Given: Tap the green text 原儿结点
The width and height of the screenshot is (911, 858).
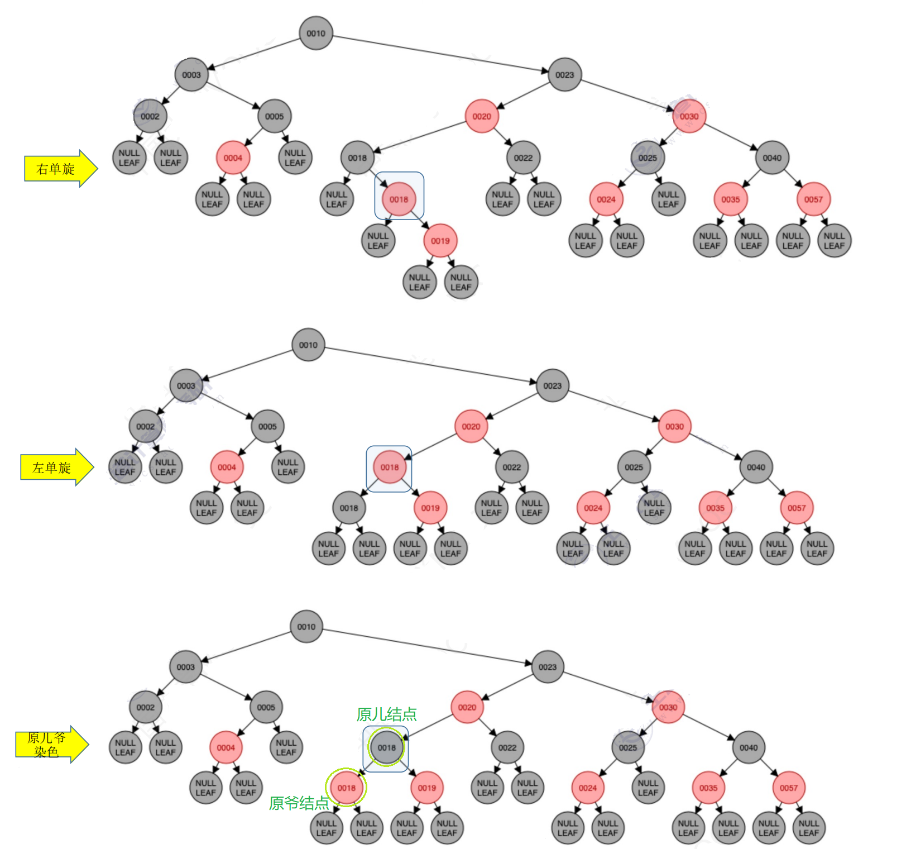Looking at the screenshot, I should tap(386, 714).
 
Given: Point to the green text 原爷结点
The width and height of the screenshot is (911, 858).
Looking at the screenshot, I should tap(299, 803).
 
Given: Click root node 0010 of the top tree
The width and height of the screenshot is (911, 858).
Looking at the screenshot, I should tap(315, 34).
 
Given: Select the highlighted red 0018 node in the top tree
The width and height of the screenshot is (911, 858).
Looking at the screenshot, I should tap(399, 199).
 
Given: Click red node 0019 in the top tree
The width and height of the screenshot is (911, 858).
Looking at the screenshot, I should tap(440, 241).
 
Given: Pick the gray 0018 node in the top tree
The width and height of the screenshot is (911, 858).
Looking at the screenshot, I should tap(357, 158).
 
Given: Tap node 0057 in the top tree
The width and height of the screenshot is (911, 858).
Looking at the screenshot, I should tap(813, 199).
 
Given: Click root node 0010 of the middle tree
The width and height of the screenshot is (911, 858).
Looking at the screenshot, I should tap(308, 345).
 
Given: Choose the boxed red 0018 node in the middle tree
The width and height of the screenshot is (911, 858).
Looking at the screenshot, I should tap(389, 468).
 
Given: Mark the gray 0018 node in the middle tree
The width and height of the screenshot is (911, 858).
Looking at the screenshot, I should tap(349, 508).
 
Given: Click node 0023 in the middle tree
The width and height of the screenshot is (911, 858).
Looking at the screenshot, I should tap(552, 385).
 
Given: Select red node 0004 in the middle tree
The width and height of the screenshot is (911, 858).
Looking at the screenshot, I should tap(227, 468).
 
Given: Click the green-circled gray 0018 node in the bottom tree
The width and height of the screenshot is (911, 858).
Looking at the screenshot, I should tap(386, 747).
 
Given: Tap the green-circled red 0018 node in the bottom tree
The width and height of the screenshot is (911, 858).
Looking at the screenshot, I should tap(346, 788).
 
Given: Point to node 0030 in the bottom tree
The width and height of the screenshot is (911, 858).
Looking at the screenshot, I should tap(668, 707).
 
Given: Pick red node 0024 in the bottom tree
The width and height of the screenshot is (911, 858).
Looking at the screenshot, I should tap(587, 788).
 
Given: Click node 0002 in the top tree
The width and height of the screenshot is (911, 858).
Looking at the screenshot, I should tap(150, 117).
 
